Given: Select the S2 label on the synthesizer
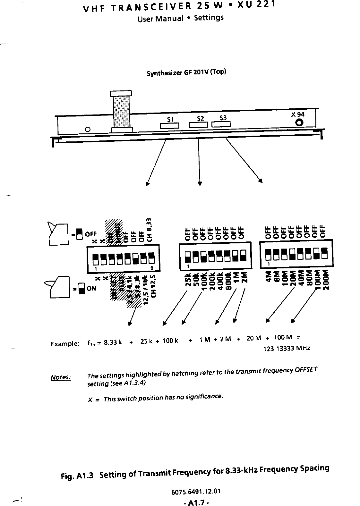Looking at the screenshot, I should [200, 118].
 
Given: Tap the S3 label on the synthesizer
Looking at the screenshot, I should [223, 118].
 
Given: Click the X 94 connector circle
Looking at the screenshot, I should [299, 122].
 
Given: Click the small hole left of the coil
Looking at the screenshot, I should [87, 130].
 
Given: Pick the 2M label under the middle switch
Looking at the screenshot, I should [244, 277].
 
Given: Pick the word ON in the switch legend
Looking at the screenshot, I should [91, 288].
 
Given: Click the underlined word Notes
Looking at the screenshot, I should [61, 377].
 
